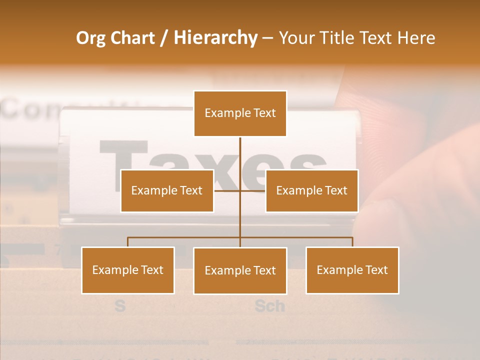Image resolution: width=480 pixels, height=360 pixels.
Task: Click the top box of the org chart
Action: point(240,113)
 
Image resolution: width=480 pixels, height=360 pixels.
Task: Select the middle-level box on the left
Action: point(167,190)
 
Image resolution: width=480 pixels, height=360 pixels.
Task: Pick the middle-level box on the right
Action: point(311,190)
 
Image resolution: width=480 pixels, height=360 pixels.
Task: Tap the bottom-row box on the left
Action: point(128,270)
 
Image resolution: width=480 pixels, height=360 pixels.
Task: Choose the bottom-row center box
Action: point(240,270)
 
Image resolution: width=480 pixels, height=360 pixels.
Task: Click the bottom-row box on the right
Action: point(352,270)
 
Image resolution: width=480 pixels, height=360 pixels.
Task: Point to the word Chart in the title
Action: point(132,38)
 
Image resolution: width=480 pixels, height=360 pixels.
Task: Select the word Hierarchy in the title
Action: point(215,38)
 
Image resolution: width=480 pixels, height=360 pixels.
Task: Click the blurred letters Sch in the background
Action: point(270,305)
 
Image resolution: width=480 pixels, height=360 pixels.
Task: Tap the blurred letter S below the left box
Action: point(120,305)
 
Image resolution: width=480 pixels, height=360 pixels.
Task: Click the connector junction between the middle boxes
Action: point(240,190)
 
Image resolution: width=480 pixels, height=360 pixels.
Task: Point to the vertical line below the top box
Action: point(240,152)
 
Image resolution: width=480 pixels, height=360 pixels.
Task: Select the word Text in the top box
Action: point(264,113)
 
